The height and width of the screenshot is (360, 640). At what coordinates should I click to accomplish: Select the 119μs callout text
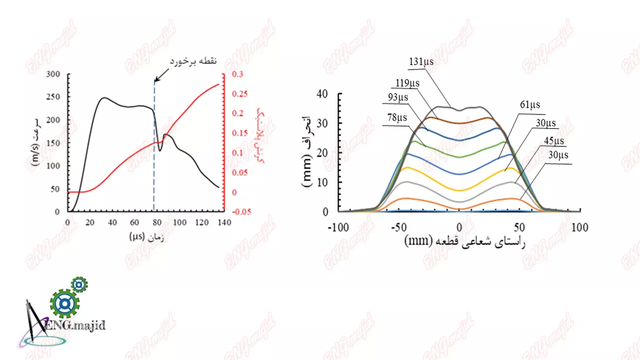(x=407, y=82)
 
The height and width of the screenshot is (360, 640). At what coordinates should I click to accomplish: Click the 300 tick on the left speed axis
(x=59, y=74)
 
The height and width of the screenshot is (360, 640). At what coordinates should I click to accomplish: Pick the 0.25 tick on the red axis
(x=232, y=94)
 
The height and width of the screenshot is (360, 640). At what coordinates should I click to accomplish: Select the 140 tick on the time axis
(x=224, y=222)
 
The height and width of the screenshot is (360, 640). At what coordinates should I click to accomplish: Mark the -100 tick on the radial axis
(x=339, y=228)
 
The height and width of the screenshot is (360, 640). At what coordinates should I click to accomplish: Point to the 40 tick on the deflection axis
(x=322, y=94)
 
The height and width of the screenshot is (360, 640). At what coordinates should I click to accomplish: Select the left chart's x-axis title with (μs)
(x=148, y=236)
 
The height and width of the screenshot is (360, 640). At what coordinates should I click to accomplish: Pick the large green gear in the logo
(x=64, y=303)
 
